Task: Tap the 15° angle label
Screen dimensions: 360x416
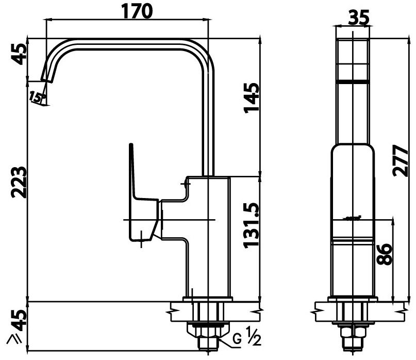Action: point(37,96)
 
